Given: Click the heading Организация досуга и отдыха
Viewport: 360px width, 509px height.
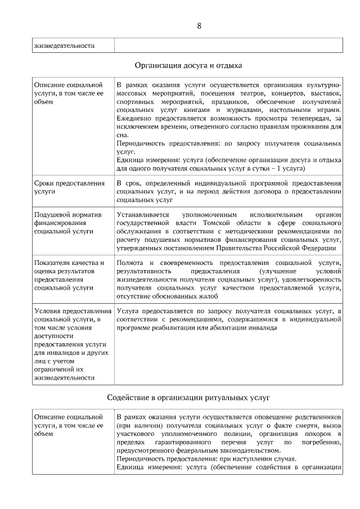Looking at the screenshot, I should [x=188, y=65].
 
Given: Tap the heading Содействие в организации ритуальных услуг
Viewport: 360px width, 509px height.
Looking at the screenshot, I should [x=188, y=398].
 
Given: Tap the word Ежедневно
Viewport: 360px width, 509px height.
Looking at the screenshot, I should [x=133, y=119].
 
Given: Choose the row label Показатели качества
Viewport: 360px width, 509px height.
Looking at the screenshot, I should [x=69, y=263].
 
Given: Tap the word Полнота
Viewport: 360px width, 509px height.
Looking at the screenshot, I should [x=129, y=263].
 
